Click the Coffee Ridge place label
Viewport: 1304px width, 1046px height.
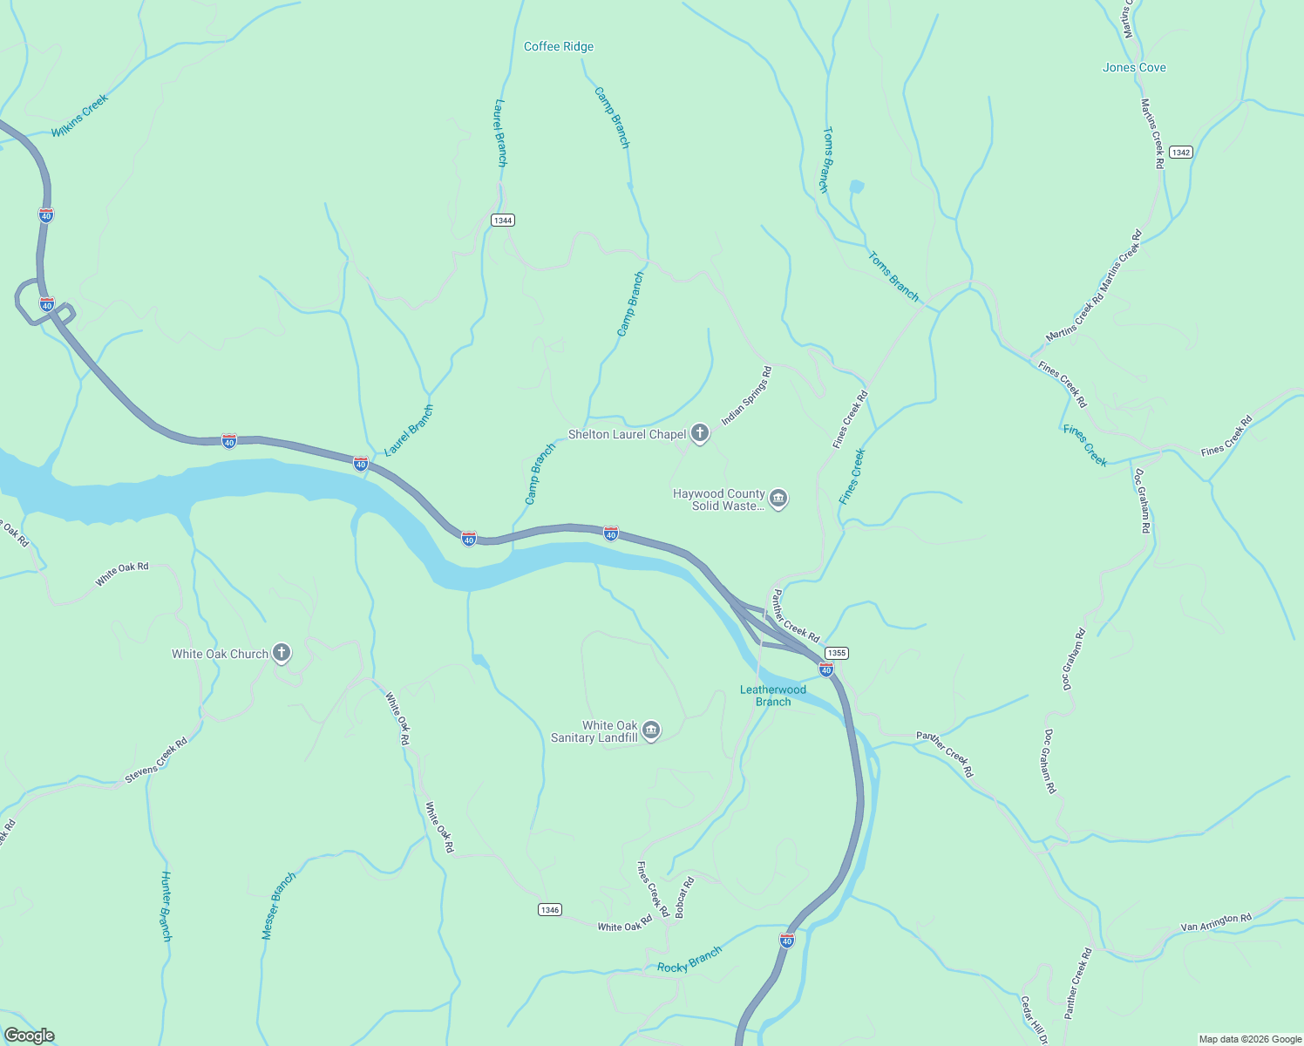pos(558,47)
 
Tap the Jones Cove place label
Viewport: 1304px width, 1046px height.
pos(1133,68)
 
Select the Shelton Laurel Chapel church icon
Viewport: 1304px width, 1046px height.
pos(699,433)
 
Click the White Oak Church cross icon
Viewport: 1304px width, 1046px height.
pos(281,653)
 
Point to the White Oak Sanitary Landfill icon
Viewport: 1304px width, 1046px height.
pos(651,730)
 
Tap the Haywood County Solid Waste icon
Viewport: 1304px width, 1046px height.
pos(778,499)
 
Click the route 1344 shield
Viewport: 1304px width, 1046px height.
pos(502,221)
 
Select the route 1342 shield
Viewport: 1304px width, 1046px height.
pos(1180,153)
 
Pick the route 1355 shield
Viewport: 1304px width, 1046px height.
pos(836,653)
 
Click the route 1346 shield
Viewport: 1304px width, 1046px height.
pos(549,910)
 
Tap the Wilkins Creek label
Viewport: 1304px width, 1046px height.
pos(79,116)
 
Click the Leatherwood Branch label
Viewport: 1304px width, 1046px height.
pos(773,696)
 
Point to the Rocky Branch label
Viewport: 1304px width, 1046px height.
pos(689,960)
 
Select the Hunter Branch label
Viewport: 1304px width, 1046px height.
pos(166,906)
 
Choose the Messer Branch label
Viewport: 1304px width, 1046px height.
pos(279,906)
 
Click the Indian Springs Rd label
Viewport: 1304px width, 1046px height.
pos(746,396)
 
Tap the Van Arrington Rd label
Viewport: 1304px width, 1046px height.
pos(1216,922)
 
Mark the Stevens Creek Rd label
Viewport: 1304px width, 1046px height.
pos(156,760)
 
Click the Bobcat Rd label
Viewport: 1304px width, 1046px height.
pos(684,898)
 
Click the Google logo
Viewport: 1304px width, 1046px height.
pos(29,1036)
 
